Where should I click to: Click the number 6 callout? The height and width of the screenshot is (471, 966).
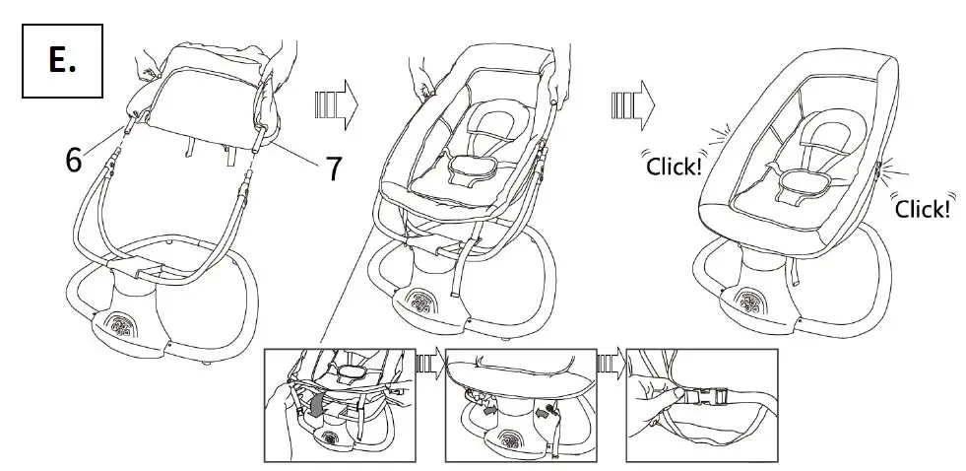pos(74,160)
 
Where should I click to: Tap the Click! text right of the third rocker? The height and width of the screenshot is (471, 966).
pos(923,209)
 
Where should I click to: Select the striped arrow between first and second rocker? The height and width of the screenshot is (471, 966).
pos(337,101)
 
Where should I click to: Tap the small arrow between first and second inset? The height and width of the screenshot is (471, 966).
pos(427,366)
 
